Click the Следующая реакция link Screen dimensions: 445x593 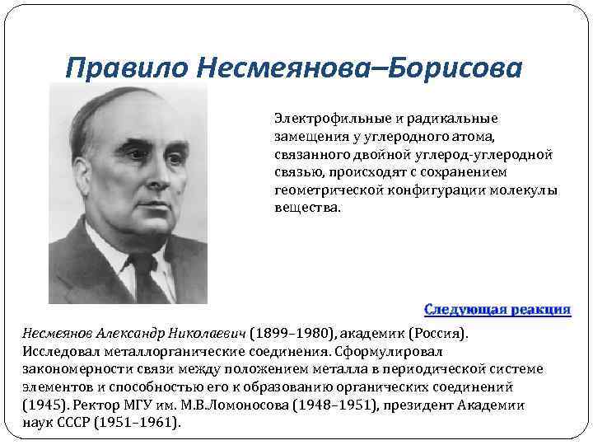(x=497, y=309)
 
